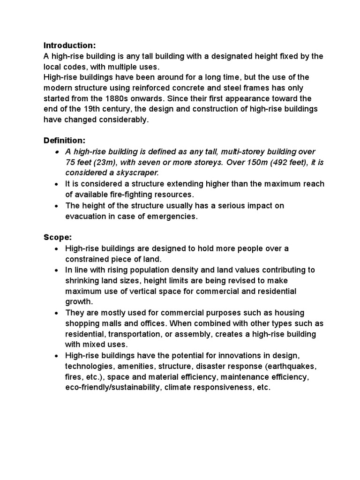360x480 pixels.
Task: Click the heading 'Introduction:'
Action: click(x=69, y=45)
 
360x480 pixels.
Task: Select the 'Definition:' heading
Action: click(x=65, y=141)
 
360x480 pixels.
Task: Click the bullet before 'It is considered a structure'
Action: click(x=56, y=184)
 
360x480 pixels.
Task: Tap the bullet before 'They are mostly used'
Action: click(x=56, y=313)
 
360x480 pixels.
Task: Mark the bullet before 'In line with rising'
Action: click(x=56, y=270)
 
